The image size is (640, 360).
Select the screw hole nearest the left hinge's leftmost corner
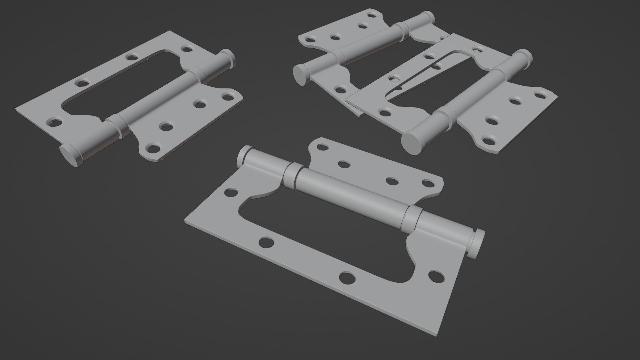55,122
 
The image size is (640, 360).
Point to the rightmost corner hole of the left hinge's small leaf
228,98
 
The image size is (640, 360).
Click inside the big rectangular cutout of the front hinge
320,233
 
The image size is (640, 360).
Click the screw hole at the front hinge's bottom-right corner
436,275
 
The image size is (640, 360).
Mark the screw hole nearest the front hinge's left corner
231,192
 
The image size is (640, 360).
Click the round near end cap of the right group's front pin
412,142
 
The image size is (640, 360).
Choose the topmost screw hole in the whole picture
372,15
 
